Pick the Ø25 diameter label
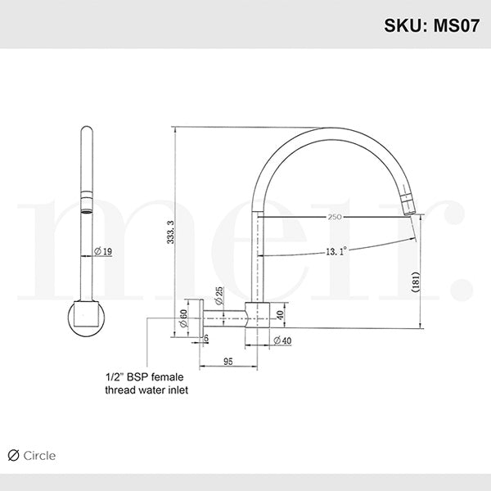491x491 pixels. (x=219, y=294)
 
